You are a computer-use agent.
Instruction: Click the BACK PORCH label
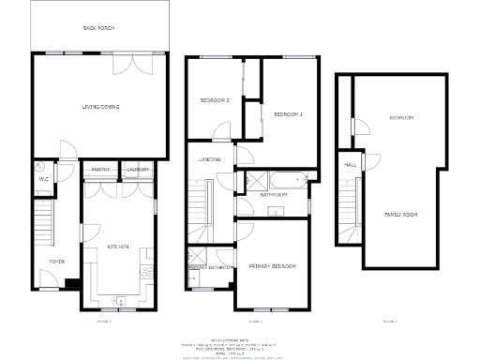pos(97,28)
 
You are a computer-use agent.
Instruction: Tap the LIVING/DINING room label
pos(97,106)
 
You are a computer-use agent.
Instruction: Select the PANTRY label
pos(100,170)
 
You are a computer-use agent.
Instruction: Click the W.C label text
pos(43,178)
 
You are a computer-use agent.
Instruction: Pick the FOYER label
pos(57,260)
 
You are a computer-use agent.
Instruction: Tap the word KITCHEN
pos(117,247)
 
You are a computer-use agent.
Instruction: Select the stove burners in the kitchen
pos(148,273)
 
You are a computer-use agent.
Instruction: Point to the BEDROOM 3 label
pos(215,100)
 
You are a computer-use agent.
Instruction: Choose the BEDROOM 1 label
pos(288,113)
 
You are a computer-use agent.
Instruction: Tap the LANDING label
pos(210,159)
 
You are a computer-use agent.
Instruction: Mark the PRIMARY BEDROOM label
pos(273,267)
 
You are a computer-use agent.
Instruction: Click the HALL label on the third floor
pos(351,165)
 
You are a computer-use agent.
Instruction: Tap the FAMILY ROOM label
pos(401,215)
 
